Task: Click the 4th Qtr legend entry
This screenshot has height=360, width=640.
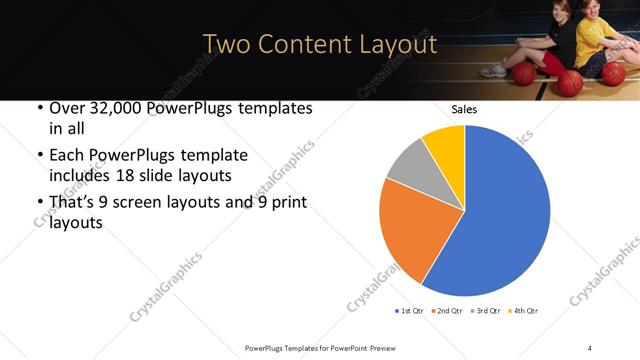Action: tap(524, 311)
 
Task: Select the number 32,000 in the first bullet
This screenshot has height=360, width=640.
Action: tap(113, 109)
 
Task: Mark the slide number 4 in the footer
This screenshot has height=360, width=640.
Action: tap(590, 347)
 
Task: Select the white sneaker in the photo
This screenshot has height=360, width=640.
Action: tap(492, 72)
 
